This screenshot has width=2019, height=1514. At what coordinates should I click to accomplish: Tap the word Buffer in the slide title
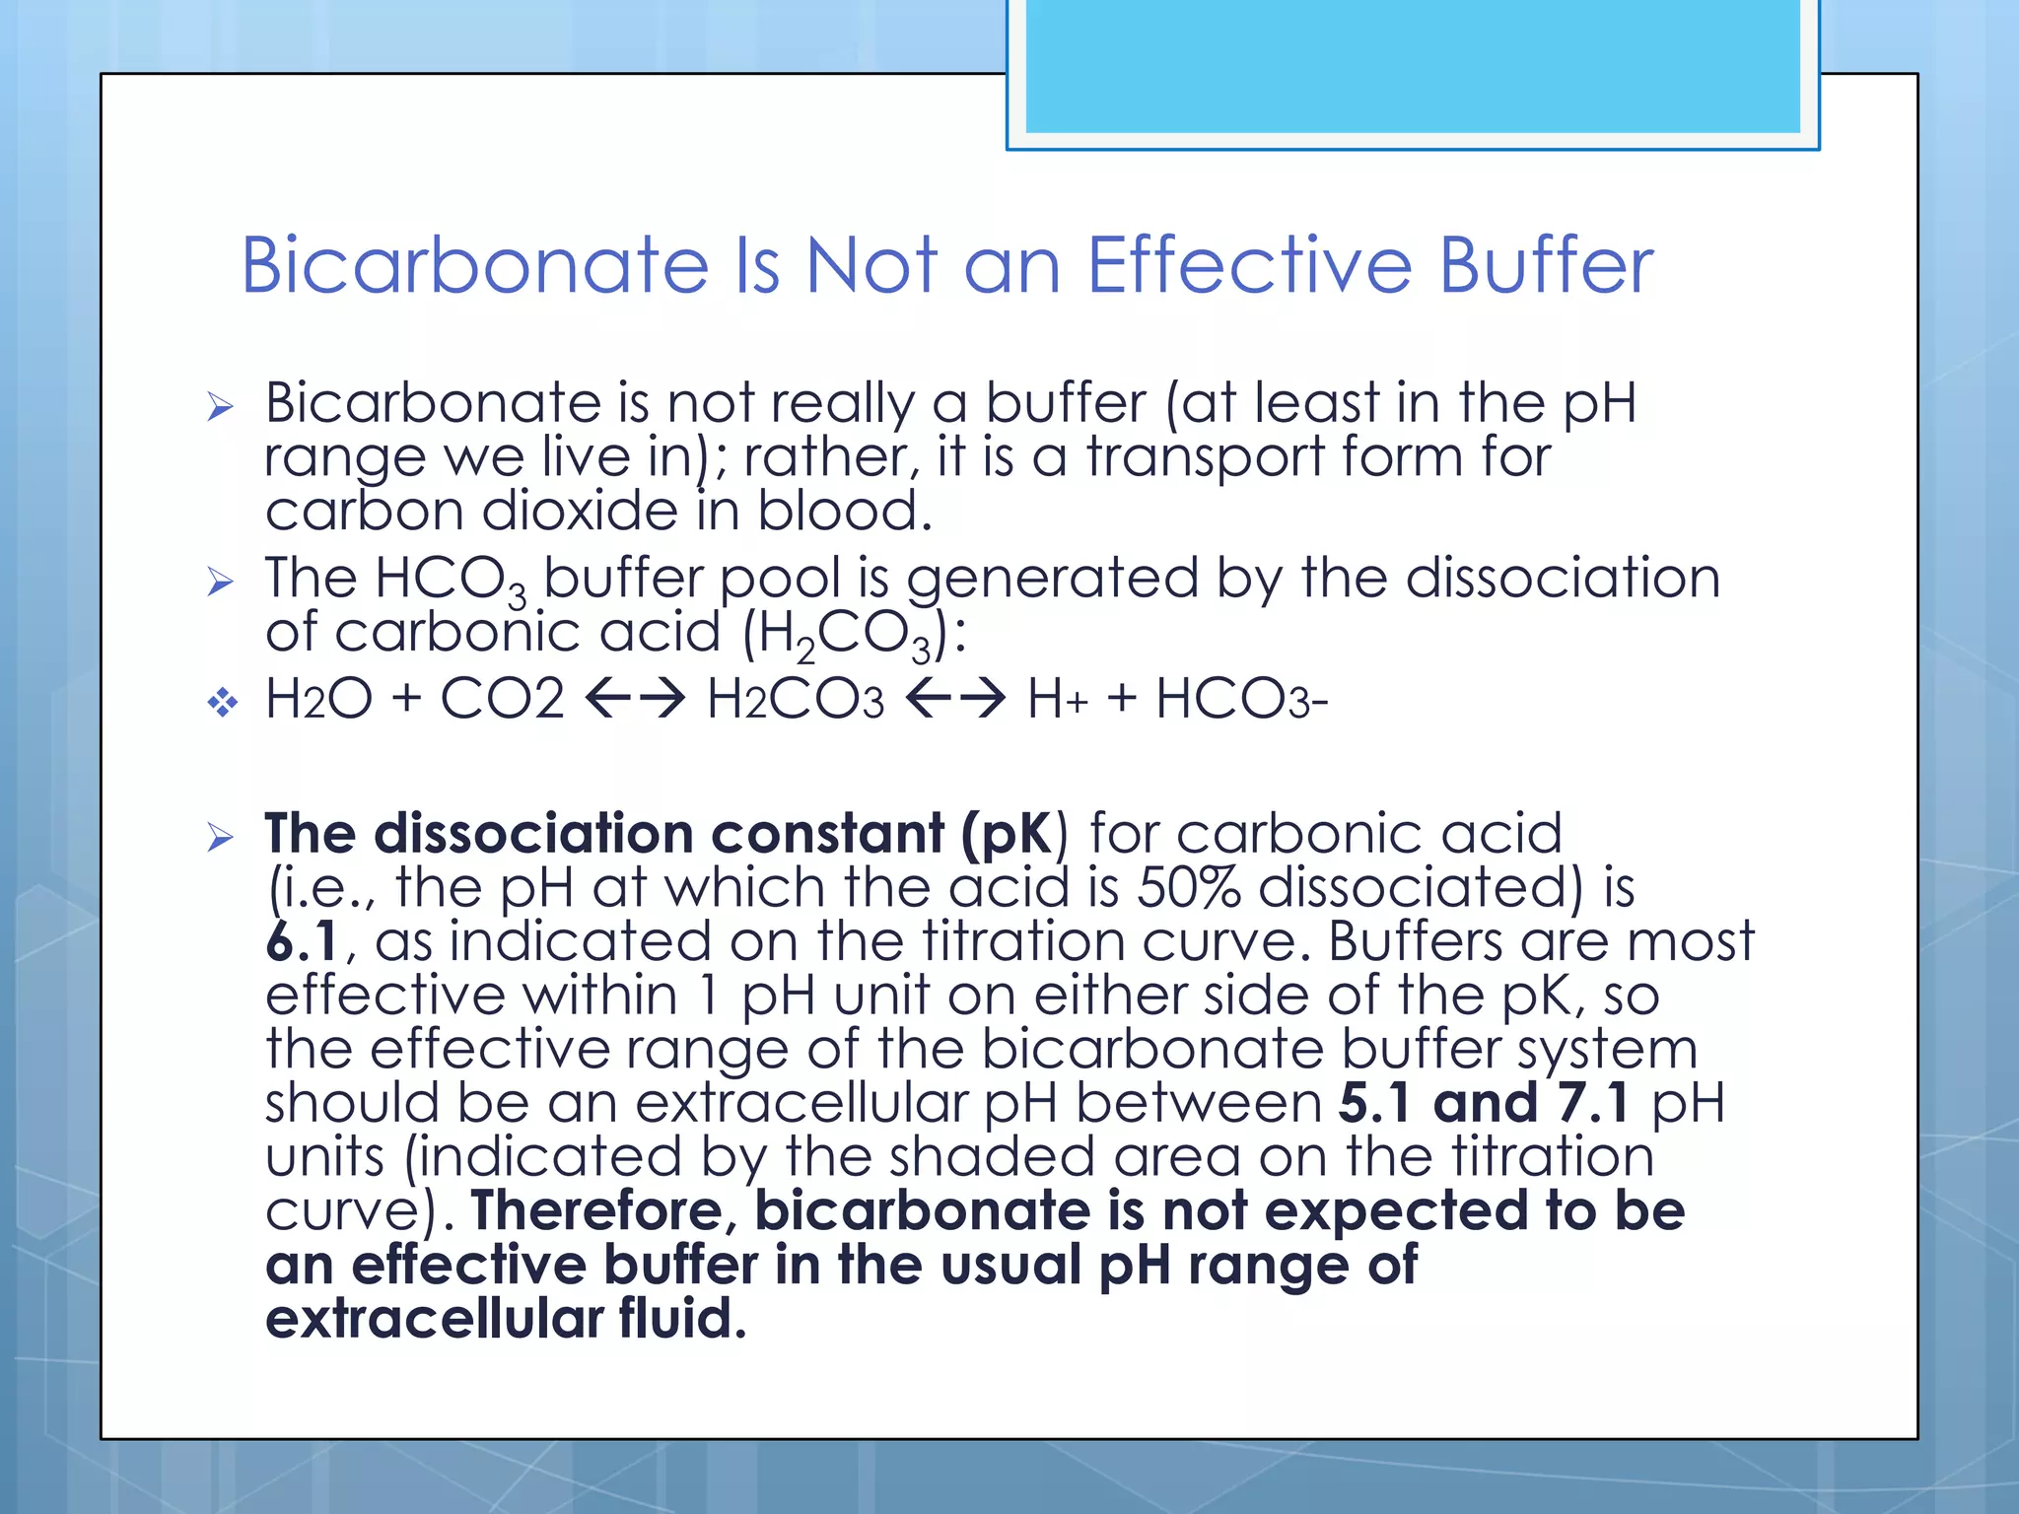pyautogui.click(x=1546, y=266)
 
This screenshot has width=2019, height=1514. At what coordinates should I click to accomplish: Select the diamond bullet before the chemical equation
pyautogui.click(x=223, y=703)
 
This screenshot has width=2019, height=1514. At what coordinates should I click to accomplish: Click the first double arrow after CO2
pyautogui.click(x=635, y=700)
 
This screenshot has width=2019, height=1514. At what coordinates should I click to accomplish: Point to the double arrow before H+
pyautogui.click(x=954, y=700)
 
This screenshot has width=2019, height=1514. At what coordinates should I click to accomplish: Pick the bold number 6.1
pyautogui.click(x=302, y=941)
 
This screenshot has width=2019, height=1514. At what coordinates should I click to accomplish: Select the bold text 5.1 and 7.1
pyautogui.click(x=1484, y=1103)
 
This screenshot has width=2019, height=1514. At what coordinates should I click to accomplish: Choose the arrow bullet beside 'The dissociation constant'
pyautogui.click(x=221, y=838)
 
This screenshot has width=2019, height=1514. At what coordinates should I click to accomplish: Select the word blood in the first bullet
pyautogui.click(x=844, y=512)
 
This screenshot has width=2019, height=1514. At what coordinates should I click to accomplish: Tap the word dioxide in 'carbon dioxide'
pyautogui.click(x=580, y=512)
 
